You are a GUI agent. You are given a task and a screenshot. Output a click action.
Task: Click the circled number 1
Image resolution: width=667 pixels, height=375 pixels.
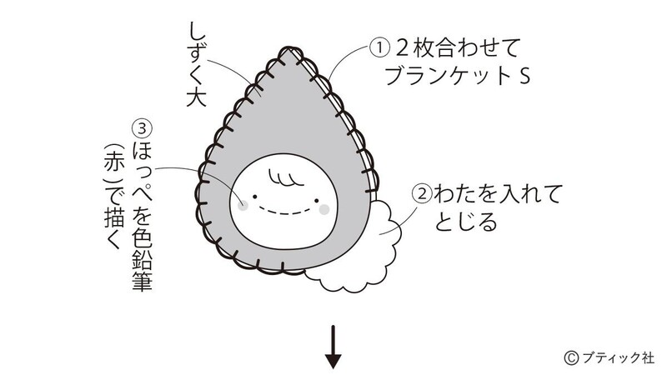point(379,47)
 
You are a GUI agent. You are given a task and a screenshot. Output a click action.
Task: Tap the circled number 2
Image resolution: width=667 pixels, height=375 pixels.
point(423,194)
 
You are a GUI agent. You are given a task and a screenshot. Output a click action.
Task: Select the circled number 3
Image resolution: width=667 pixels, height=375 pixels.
point(143,129)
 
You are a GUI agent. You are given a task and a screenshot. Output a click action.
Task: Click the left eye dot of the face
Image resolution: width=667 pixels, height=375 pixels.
point(255,197)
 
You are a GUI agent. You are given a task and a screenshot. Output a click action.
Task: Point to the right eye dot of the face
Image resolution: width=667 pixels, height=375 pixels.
point(317,200)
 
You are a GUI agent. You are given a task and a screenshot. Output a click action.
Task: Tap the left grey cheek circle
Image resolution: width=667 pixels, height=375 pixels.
point(243,206)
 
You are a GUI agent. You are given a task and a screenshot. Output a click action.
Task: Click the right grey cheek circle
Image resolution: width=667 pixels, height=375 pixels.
point(324,209)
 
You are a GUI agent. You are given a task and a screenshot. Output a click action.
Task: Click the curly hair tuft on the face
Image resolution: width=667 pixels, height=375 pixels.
point(285,177)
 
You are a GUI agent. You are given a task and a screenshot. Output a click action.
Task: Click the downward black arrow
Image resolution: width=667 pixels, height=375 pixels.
point(333,347)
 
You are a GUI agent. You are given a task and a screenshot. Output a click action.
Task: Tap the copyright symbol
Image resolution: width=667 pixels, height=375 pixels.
point(572,358)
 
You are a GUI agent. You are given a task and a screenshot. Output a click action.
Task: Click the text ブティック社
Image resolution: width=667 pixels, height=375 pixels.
point(618,358)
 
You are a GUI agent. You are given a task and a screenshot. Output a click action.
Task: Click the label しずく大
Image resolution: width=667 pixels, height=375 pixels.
point(197,64)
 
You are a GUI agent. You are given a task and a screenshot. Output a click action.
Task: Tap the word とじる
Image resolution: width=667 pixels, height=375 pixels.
point(466,222)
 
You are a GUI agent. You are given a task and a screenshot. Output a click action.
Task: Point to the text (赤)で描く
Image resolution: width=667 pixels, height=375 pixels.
point(113,197)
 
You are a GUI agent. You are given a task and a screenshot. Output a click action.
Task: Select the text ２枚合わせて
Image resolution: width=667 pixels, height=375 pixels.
point(458,47)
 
